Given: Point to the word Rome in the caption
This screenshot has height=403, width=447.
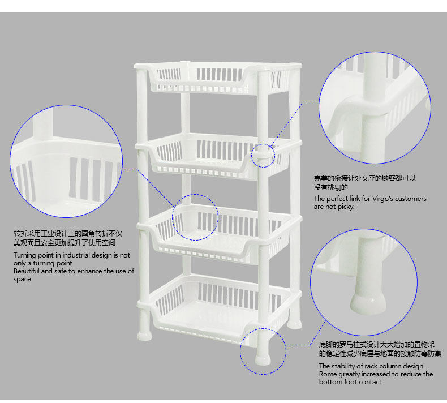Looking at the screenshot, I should tap(328, 374).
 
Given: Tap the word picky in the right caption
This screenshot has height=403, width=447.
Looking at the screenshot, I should tap(345, 207).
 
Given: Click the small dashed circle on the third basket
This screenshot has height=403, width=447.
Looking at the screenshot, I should tap(195, 217).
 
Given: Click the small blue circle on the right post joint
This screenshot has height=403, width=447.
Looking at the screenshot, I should tap(262, 155).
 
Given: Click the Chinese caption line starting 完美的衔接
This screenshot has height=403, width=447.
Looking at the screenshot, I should tap(365, 178).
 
